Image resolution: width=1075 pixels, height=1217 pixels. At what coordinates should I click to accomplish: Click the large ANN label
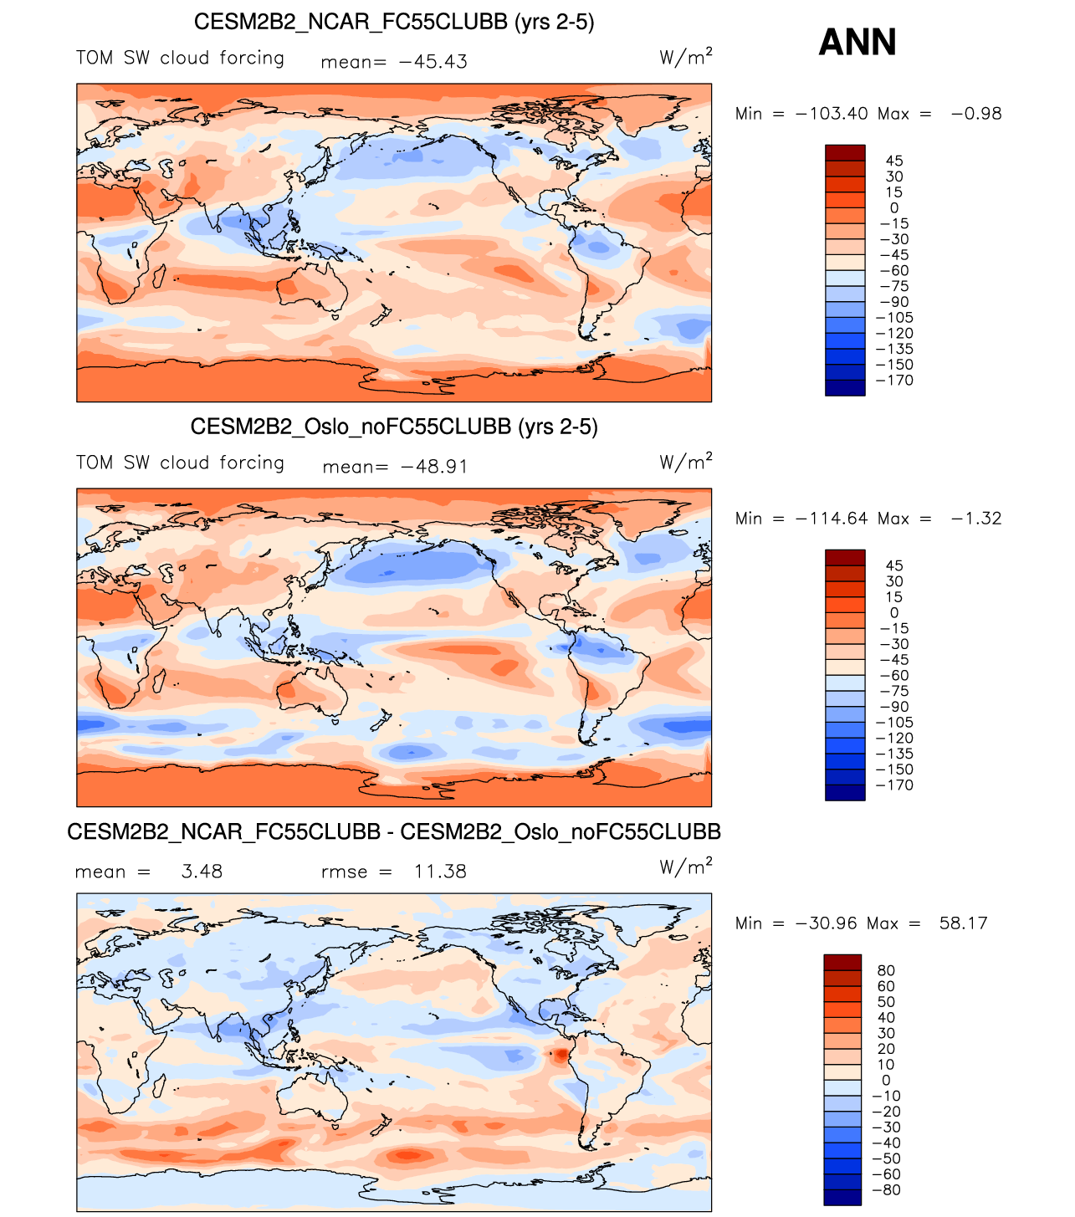[x=857, y=42]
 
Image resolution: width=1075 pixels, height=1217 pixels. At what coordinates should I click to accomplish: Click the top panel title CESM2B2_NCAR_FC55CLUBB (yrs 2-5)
[x=394, y=22]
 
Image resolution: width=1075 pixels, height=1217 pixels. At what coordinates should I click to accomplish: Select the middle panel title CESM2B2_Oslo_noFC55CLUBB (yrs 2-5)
[x=394, y=427]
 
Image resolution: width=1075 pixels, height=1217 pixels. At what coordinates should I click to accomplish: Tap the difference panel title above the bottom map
[x=394, y=831]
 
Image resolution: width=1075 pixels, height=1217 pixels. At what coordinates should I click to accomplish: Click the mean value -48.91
[x=433, y=467]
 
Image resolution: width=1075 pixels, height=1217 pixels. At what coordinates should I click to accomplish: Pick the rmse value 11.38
[x=440, y=872]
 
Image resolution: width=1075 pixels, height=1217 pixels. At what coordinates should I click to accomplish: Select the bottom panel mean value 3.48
[x=202, y=872]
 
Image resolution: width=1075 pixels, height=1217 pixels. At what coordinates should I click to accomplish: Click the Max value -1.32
[x=976, y=519]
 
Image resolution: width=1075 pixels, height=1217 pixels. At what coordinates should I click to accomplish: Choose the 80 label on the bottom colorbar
[x=886, y=971]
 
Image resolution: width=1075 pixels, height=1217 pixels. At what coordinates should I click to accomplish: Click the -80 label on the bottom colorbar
[x=889, y=1190]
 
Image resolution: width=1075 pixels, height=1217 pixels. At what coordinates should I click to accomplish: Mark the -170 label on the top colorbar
[x=893, y=381]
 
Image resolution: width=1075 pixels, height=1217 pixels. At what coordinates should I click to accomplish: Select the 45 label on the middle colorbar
[x=894, y=566]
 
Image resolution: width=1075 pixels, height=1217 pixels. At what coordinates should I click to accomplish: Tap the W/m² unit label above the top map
[x=685, y=57]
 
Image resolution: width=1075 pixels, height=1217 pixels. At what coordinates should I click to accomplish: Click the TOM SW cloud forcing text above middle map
[x=180, y=463]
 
